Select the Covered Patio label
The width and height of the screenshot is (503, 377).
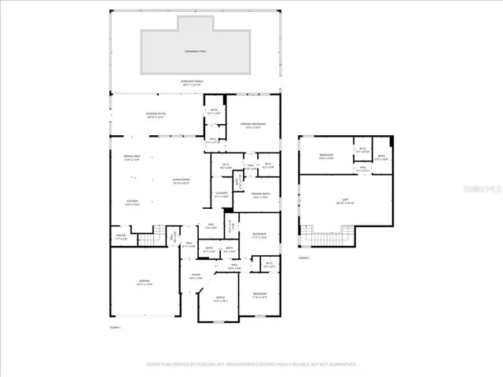click(156, 115)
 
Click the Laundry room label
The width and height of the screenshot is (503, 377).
click(221, 194)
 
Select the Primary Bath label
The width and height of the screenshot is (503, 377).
click(261, 196)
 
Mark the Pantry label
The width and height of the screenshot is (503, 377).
click(122, 236)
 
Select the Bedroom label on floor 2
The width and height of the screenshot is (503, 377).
click(326, 156)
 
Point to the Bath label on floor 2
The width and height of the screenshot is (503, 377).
click(381, 157)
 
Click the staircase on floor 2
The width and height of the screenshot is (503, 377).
click(325, 236)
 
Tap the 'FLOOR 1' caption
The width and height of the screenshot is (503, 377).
click(115, 327)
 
